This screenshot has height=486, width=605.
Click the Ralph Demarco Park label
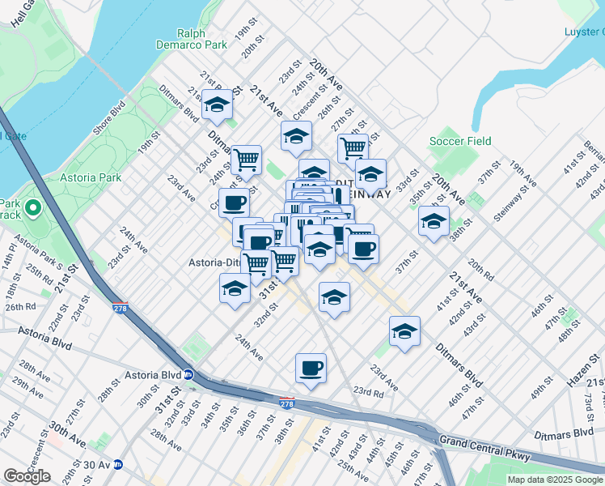click(203, 40)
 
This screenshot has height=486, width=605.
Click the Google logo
click(27, 476)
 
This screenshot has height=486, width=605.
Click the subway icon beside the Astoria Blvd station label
click(188, 375)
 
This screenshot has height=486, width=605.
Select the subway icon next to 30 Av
click(117, 465)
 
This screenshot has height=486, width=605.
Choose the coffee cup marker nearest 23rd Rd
click(311, 369)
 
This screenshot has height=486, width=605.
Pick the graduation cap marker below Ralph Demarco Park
click(218, 104)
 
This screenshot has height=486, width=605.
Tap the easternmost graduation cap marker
click(434, 220)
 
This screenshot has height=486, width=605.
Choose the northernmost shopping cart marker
click(353, 148)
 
